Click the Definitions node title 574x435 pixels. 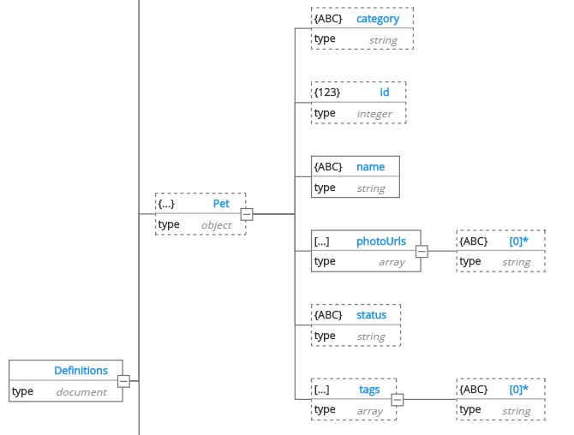click(x=81, y=371)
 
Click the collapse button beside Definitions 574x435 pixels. click(x=123, y=381)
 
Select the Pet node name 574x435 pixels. click(x=221, y=204)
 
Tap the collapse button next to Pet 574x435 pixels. click(x=247, y=214)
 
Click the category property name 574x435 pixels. click(x=378, y=19)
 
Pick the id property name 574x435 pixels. click(x=385, y=92)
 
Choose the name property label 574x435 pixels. click(x=371, y=167)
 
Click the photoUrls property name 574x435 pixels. click(x=381, y=241)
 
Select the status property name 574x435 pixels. click(x=371, y=315)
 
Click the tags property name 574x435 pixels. click(x=369, y=390)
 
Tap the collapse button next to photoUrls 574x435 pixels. click(x=422, y=251)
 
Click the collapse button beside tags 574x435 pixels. click(x=398, y=399)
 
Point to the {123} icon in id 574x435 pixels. click(x=327, y=92)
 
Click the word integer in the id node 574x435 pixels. click(x=374, y=114)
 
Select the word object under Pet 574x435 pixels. click(x=216, y=225)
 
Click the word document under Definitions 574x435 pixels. click(x=81, y=392)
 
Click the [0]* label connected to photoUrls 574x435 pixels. click(x=518, y=241)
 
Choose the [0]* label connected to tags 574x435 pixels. click(x=518, y=390)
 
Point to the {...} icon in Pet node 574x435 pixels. click(x=166, y=204)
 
